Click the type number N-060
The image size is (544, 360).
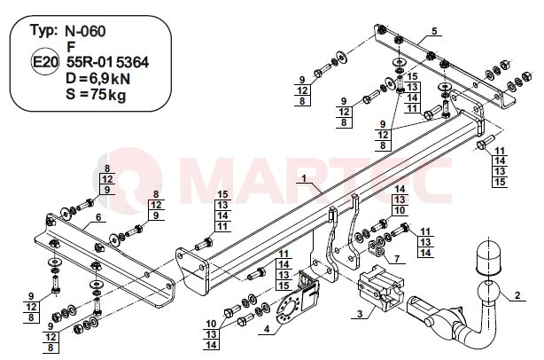coord(85,31)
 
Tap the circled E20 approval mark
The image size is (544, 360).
coord(45,62)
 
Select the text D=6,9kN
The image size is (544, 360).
coord(98,79)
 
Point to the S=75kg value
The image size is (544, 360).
coord(96,94)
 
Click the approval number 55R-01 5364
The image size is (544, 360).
coord(107,62)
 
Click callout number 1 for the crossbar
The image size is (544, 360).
coord(304,178)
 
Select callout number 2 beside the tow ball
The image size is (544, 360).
coord(517,295)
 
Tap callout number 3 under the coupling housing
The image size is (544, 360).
coord(360,314)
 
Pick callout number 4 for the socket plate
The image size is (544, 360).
coord(267,328)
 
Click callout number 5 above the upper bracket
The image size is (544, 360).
coord(434,31)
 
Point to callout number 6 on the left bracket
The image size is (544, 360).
coord(98,217)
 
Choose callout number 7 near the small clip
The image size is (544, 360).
coord(397,259)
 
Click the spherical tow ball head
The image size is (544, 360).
coord(488,293)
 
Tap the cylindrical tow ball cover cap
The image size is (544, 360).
coord(488,257)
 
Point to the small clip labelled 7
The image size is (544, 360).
coord(377,247)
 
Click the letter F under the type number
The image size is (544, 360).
coord(72,47)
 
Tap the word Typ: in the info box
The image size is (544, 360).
coord(43,31)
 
